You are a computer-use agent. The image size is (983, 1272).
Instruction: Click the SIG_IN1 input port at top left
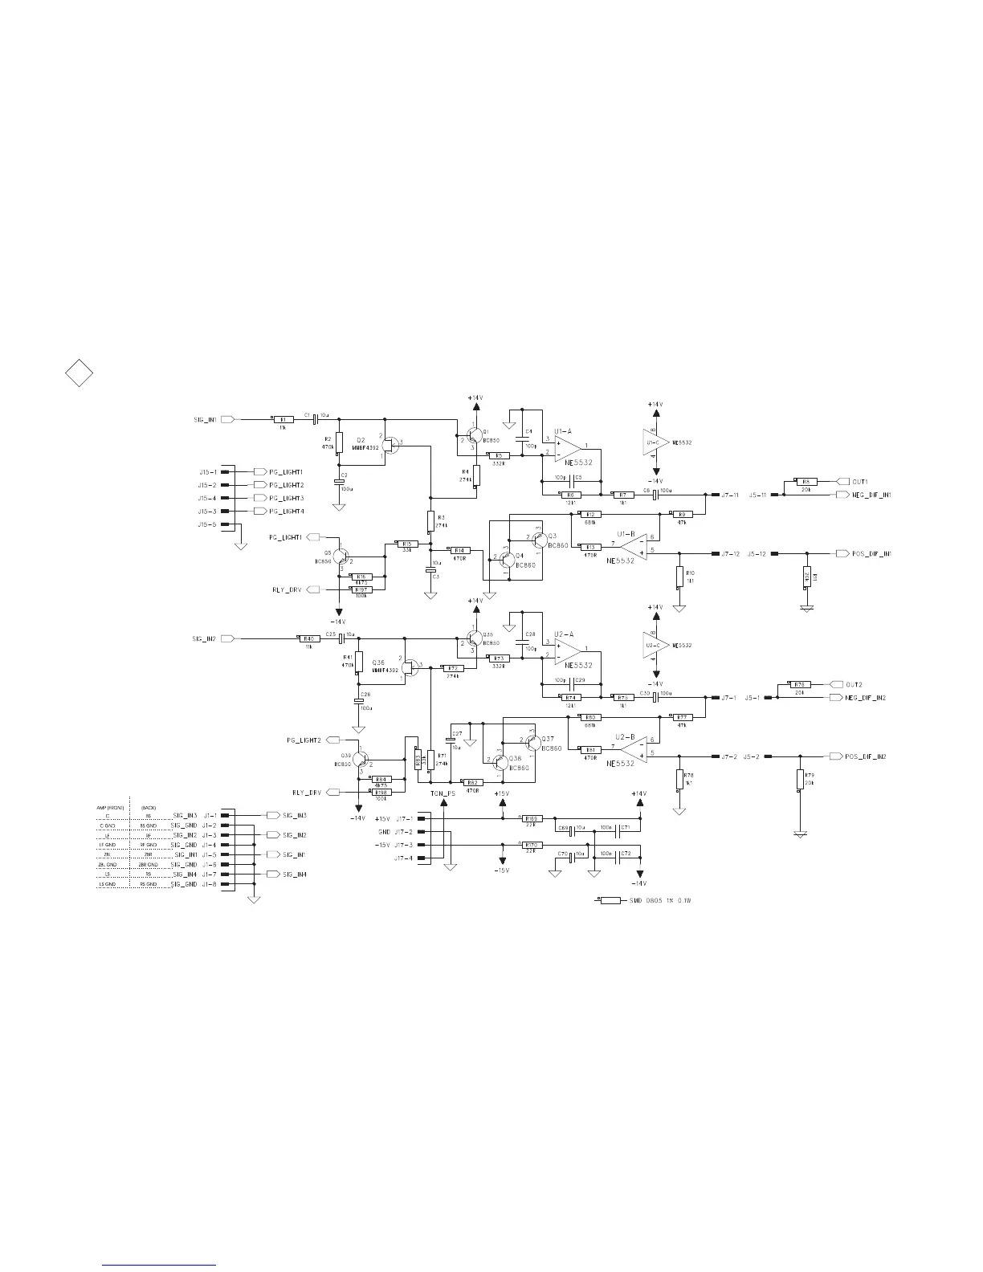tap(227, 419)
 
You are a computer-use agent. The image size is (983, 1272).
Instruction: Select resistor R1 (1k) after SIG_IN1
tap(283, 419)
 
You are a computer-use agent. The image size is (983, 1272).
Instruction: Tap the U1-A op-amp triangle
tap(569, 446)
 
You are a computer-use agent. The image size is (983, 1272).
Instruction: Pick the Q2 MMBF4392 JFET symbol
tap(390, 445)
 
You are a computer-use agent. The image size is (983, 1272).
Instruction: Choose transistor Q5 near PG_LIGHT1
tap(344, 556)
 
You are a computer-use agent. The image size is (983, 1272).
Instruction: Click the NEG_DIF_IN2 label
tap(869, 698)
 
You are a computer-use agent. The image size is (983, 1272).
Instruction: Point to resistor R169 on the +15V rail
tap(532, 819)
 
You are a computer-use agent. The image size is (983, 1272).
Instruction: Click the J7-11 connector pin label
tap(730, 495)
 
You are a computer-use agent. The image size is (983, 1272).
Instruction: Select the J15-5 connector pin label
tap(207, 524)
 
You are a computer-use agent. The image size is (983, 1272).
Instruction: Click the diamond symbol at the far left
tap(79, 373)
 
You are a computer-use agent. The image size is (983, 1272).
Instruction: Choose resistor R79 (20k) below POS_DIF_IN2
tap(800, 780)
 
